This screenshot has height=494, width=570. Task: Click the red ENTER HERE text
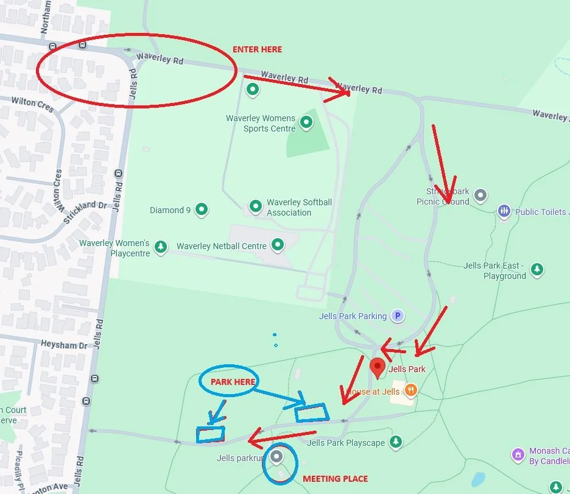pyautogui.click(x=258, y=49)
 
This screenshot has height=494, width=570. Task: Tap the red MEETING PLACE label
pyautogui.click(x=336, y=479)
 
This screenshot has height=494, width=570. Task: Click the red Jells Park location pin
pyautogui.click(x=378, y=367)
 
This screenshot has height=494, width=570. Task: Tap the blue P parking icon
pyautogui.click(x=397, y=316)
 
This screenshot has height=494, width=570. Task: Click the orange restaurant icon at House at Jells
pyautogui.click(x=411, y=390)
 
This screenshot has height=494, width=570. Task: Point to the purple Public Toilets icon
pyautogui.click(x=504, y=211)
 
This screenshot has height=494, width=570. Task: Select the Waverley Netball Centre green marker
pyautogui.click(x=278, y=245)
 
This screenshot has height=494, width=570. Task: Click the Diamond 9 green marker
pyautogui.click(x=202, y=210)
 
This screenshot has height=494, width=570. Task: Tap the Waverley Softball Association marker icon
pyautogui.click(x=256, y=206)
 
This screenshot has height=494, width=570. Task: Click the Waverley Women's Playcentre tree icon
pyautogui.click(x=161, y=247)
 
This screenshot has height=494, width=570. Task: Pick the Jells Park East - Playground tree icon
pyautogui.click(x=537, y=269)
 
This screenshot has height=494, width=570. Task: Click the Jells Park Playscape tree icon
pyautogui.click(x=396, y=441)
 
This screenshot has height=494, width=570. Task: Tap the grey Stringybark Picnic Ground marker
pyautogui.click(x=480, y=196)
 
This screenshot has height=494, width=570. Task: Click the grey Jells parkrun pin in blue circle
pyautogui.click(x=277, y=456)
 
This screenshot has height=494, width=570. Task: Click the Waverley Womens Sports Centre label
pyautogui.click(x=261, y=123)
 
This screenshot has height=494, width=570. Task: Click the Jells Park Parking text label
pyautogui.click(x=353, y=316)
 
